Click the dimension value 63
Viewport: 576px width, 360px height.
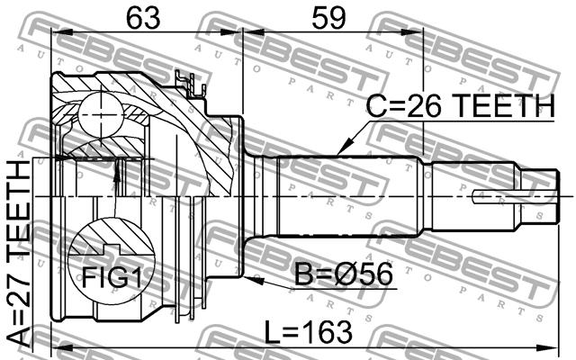(x=143, y=18)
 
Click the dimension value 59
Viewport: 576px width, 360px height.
(x=328, y=18)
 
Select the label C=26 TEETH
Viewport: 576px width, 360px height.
(x=461, y=106)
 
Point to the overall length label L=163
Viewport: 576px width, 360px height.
(x=309, y=332)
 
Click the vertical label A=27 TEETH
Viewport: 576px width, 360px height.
(x=18, y=254)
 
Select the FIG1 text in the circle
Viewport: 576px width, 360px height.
(x=112, y=277)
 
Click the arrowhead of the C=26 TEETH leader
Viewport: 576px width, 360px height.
(x=343, y=148)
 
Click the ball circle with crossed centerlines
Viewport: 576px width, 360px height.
(x=100, y=115)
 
